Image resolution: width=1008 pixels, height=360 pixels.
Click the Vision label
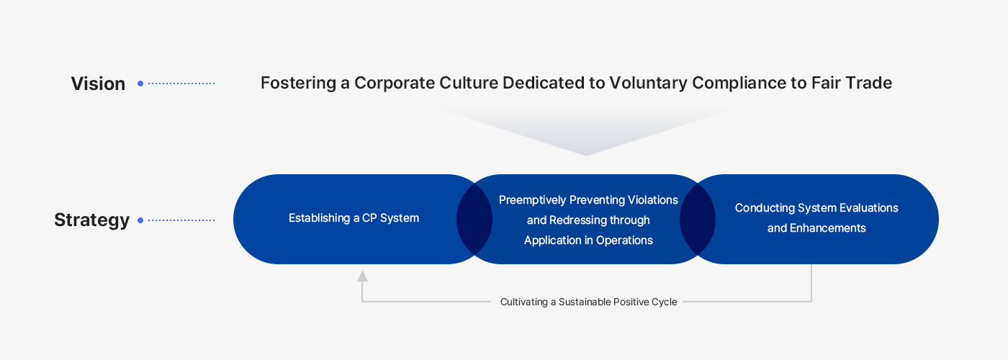(98, 84)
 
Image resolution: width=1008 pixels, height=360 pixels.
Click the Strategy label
(91, 220)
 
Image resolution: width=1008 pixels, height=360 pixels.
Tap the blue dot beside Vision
(140, 84)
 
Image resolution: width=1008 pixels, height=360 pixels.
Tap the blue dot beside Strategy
(140, 220)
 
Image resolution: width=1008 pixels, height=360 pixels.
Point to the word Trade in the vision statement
(868, 83)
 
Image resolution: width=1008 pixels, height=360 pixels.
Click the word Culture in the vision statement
(469, 83)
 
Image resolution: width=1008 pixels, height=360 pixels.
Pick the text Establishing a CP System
(354, 218)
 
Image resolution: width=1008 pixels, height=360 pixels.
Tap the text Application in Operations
(588, 240)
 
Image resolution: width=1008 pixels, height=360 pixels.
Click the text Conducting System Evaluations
(816, 208)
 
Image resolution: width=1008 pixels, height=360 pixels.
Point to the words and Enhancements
(816, 228)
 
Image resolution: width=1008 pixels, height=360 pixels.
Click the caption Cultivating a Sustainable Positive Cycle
(588, 302)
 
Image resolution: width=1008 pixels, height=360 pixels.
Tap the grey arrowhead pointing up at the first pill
(362, 275)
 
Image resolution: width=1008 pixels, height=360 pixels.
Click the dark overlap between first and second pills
(474, 219)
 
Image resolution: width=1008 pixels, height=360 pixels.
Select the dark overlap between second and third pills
(698, 219)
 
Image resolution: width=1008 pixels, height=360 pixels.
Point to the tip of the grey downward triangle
(586, 154)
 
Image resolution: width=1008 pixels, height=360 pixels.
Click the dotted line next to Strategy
(181, 220)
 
